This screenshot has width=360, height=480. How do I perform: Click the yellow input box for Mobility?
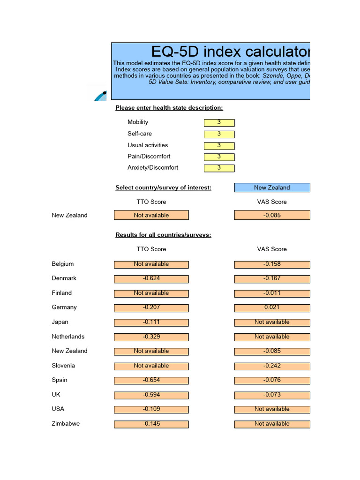click(x=219, y=123)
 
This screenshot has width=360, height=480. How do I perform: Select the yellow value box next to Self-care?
click(x=219, y=134)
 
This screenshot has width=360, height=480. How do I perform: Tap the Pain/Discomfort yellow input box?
click(x=219, y=157)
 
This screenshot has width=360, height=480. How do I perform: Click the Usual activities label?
click(x=147, y=145)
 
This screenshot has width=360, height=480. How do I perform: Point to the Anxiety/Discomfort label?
click(x=152, y=168)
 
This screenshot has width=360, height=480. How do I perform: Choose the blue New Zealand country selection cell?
click(x=272, y=187)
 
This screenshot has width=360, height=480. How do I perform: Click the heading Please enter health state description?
click(x=169, y=108)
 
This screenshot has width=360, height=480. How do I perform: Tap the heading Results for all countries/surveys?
click(x=163, y=235)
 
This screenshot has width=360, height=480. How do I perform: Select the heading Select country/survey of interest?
click(x=163, y=187)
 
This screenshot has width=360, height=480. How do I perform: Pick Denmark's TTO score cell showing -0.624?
click(x=151, y=279)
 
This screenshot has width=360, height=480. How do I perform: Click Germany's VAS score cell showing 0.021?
click(x=272, y=308)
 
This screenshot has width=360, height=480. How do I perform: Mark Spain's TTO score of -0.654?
click(x=151, y=380)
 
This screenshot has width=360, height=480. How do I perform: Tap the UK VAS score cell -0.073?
click(x=272, y=395)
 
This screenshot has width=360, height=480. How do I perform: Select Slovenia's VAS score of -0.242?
click(x=272, y=366)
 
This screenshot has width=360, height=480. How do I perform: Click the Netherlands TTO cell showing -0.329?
click(x=151, y=337)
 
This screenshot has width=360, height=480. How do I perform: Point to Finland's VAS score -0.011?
click(x=272, y=293)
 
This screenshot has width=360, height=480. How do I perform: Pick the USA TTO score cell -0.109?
click(x=151, y=409)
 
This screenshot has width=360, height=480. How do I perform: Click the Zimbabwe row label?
click(x=66, y=424)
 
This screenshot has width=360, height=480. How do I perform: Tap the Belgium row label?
click(x=62, y=264)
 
